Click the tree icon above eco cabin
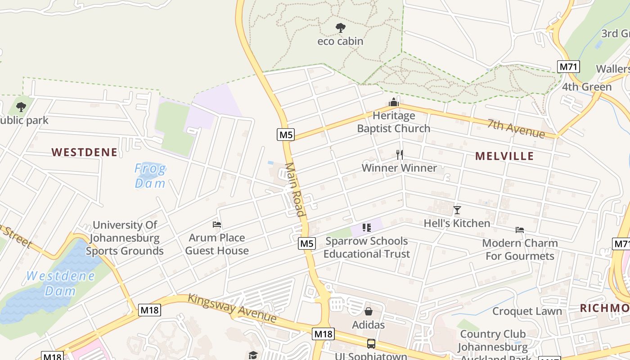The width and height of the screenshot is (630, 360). pyautogui.click(x=341, y=28)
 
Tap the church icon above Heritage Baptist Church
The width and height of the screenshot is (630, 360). pyautogui.click(x=394, y=103)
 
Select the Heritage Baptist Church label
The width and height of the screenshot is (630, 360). pyautogui.click(x=394, y=122)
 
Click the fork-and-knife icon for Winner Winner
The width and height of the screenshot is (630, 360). pyautogui.click(x=400, y=155)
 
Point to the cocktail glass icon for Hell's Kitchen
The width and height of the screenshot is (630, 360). pyautogui.click(x=457, y=210)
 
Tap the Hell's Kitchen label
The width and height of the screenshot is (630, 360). pyautogui.click(x=457, y=223)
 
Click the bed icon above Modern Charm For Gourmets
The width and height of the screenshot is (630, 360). pyautogui.click(x=520, y=230)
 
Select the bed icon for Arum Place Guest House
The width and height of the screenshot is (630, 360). pyautogui.click(x=217, y=225)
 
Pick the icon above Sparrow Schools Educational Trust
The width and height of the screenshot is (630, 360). pyautogui.click(x=366, y=228)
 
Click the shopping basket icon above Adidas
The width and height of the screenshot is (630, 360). pyautogui.click(x=369, y=311)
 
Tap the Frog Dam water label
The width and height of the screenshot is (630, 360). pyautogui.click(x=150, y=176)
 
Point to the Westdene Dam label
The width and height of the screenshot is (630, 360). pyautogui.click(x=60, y=283)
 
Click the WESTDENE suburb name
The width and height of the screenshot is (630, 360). pyautogui.click(x=85, y=152)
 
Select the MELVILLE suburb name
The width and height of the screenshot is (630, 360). pyautogui.click(x=504, y=156)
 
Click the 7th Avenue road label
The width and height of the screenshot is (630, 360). pyautogui.click(x=516, y=129)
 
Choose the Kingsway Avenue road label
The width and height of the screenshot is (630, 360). pyautogui.click(x=232, y=308)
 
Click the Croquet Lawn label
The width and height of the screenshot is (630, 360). pyautogui.click(x=527, y=311)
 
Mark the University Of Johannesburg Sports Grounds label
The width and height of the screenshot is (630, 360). pyautogui.click(x=125, y=238)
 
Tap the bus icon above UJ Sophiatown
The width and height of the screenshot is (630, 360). pyautogui.click(x=371, y=344)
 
